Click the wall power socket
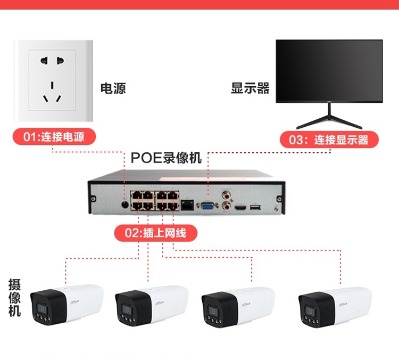53,82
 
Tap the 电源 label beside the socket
113,88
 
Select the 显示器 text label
250,88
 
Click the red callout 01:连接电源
55,137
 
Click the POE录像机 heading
166,158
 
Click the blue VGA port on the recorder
207,206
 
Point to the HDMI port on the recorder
241,207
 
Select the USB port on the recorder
255,207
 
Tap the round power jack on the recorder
125,203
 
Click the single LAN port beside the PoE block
187,204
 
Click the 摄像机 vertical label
14,297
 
